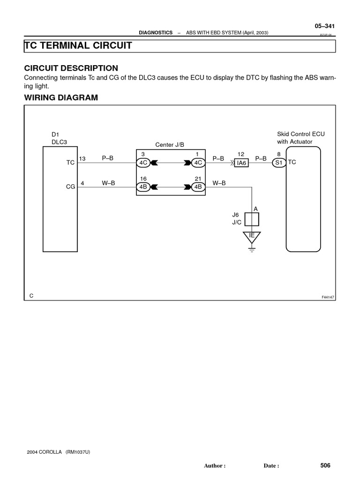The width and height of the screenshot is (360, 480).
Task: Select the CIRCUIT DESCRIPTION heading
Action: [71, 68]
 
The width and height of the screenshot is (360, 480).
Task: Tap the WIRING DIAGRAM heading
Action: [61, 97]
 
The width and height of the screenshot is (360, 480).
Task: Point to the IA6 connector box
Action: [242, 163]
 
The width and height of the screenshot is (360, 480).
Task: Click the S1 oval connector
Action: [279, 163]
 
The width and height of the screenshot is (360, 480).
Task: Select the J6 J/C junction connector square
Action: [252, 219]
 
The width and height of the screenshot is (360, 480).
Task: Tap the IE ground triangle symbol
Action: [252, 236]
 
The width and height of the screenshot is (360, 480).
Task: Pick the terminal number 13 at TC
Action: [82, 159]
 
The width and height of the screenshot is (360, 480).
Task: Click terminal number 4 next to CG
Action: [82, 183]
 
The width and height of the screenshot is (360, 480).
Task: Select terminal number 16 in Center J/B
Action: [143, 179]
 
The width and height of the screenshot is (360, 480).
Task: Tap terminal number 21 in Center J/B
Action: [198, 179]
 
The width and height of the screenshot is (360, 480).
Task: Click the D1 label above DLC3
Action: [55, 134]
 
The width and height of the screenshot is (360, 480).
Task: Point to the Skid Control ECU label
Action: [300, 134]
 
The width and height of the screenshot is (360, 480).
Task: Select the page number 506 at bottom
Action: [325, 465]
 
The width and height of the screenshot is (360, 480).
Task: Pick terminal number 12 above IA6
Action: [241, 154]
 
